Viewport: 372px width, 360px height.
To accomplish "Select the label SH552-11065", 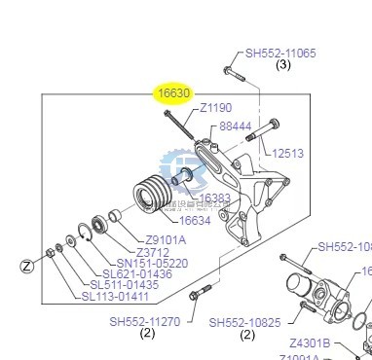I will point(280,54).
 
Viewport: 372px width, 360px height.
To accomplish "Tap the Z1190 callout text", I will point(216,109).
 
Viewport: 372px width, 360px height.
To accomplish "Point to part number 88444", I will point(236,126).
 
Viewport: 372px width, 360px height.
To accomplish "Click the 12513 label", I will point(288,153).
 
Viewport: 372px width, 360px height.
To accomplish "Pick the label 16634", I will point(195,221).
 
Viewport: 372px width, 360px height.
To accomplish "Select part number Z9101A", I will point(165,240).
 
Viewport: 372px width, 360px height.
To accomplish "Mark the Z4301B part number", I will point(310,342).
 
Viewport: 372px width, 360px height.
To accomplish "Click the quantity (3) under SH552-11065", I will point(282,66).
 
